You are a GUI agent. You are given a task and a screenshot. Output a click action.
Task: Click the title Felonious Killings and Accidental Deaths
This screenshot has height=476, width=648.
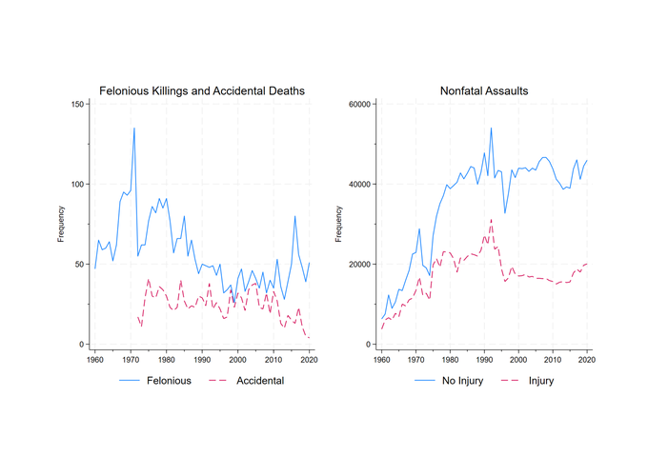[x=202, y=90]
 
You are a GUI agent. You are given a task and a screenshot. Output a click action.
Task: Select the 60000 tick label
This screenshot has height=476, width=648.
[x=357, y=104]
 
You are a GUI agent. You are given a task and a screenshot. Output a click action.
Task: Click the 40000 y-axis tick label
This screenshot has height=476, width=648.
[x=357, y=184]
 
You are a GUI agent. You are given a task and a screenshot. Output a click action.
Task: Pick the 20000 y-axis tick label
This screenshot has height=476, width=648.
[x=357, y=265]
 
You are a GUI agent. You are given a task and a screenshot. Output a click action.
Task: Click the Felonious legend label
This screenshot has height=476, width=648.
[x=169, y=381]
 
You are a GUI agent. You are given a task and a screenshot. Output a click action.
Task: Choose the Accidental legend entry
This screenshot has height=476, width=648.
[x=259, y=381]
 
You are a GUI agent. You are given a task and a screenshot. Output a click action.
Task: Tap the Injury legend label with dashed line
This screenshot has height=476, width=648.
[x=540, y=381]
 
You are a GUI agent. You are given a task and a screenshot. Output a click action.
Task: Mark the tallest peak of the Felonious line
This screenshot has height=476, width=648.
[x=134, y=128]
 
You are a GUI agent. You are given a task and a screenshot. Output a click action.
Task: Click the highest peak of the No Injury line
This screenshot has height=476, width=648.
[x=492, y=128]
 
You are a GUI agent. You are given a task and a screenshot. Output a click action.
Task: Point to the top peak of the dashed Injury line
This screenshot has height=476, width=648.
[x=492, y=219]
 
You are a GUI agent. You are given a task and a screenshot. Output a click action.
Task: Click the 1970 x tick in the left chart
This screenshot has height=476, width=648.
[x=131, y=360]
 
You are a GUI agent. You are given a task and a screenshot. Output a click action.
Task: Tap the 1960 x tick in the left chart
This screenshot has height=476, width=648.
[x=95, y=360]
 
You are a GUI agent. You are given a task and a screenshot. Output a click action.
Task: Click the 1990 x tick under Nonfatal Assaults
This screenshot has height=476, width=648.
[x=484, y=360]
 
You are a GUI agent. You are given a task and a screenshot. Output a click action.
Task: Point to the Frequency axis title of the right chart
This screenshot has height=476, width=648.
[x=339, y=225]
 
